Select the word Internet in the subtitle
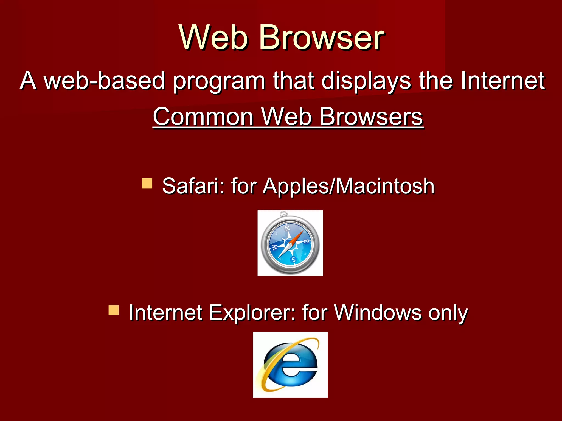pos(502,80)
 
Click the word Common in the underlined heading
pos(203,116)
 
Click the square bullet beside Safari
pos(147,183)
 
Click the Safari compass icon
pos(290,243)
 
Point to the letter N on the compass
pos(287,228)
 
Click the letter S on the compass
pos(293,259)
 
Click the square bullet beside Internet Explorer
pos(114,310)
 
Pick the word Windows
pos(377,312)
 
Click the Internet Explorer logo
pos(290,365)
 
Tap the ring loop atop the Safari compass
pos(284,214)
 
